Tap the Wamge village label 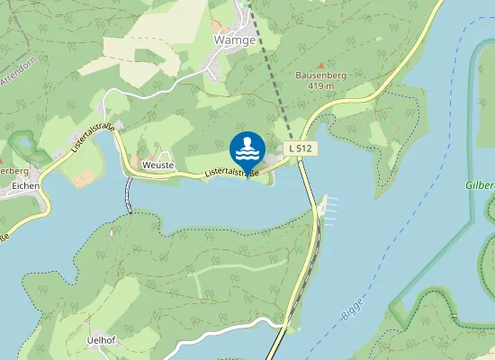pyautogui.click(x=233, y=40)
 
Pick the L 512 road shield pyautogui.click(x=301, y=147)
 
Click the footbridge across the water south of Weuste pyautogui.click(x=129, y=193)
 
